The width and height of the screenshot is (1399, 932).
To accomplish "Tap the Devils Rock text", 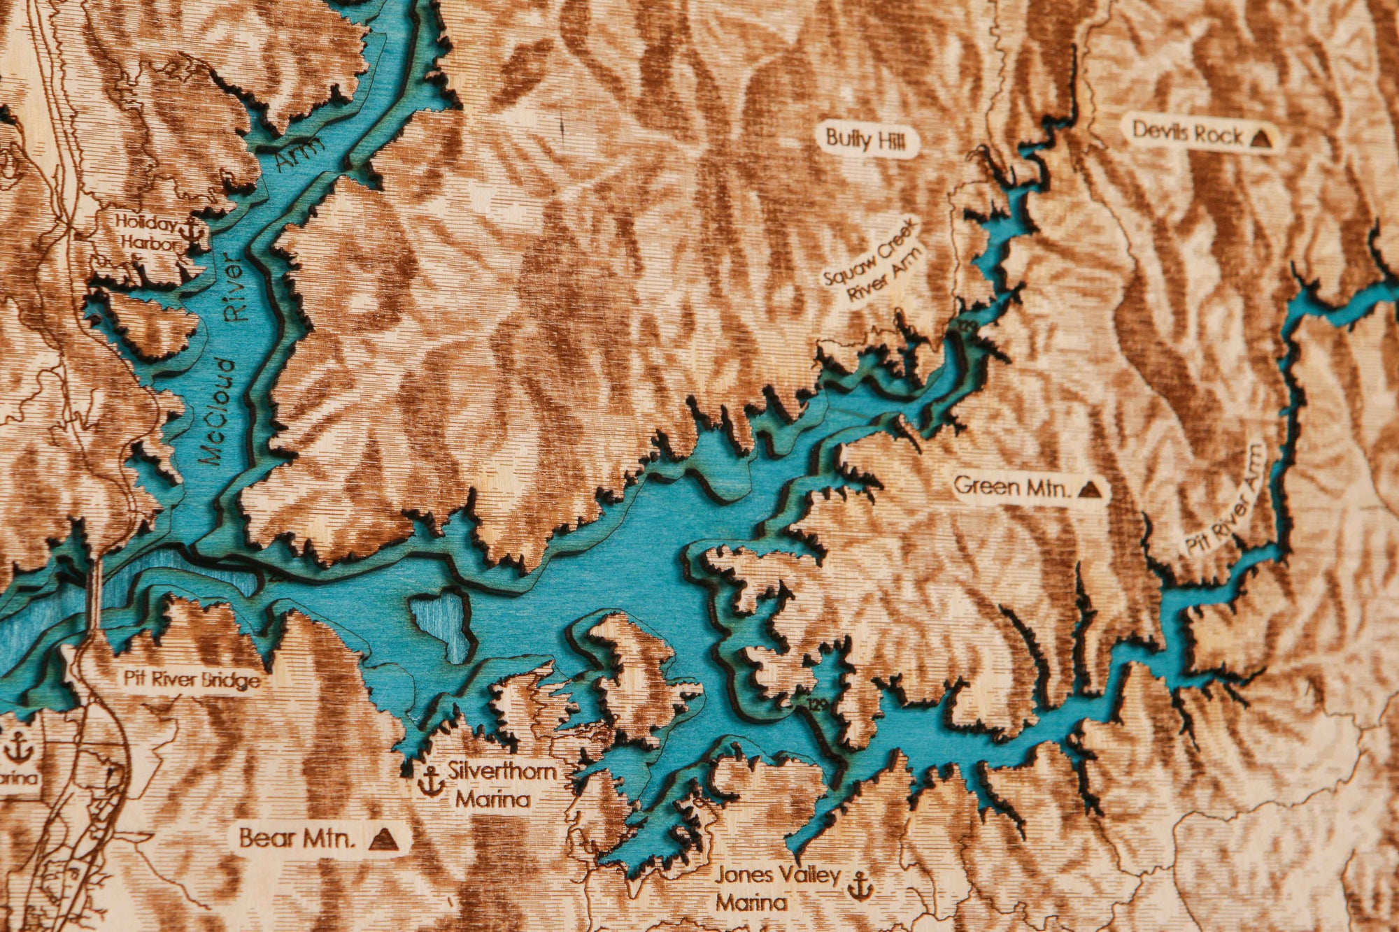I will (x=1188, y=132).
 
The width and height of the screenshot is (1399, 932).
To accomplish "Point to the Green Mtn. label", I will (x=1011, y=485).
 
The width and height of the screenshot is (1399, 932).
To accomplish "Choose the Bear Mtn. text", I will (x=297, y=838).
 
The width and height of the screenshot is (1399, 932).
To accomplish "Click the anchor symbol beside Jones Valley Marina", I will (x=860, y=886).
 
